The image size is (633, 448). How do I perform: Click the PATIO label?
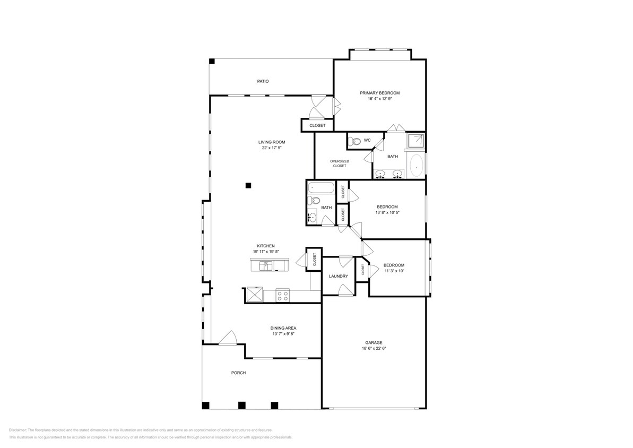tap(263, 81)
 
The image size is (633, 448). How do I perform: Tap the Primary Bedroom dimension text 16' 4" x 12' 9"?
tap(379, 99)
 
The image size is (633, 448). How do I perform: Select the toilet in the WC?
tap(355, 141)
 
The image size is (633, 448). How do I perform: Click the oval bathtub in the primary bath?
tap(417, 166)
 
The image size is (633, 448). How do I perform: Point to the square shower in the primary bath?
tap(415, 140)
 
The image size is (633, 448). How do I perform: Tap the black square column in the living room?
tap(248, 185)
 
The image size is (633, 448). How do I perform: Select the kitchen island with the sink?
tap(268, 264)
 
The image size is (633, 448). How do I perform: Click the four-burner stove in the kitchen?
tap(283, 295)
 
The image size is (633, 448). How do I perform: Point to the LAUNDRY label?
tap(338, 276)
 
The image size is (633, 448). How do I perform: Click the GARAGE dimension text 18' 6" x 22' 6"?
tap(374, 349)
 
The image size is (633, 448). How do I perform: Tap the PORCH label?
tap(238, 373)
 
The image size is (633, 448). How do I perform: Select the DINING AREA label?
tap(283, 328)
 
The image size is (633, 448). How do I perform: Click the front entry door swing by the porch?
tap(228, 338)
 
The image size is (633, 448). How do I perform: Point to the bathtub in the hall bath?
tap(321, 187)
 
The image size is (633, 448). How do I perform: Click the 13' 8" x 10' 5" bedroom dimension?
tap(387, 212)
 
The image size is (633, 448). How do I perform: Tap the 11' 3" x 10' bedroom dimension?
tap(394, 271)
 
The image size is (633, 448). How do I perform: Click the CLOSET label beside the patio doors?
tap(317, 125)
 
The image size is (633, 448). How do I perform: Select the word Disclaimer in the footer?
tap(18, 430)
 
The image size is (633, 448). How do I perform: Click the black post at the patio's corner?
tap(212, 62)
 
